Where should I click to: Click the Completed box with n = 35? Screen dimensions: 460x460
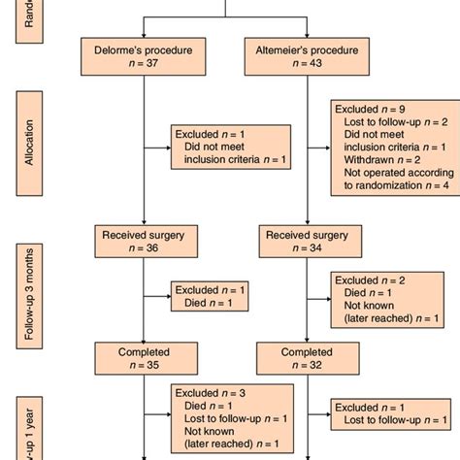pyautogui.click(x=143, y=359)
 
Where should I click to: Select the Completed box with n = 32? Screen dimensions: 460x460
pyautogui.click(x=308, y=359)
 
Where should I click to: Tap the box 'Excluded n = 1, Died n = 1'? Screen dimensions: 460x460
pyautogui.click(x=209, y=295)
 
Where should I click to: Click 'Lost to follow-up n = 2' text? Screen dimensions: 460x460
pyautogui.click(x=392, y=123)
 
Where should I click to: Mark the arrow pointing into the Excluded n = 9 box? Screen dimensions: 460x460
pyautogui.click(x=326, y=148)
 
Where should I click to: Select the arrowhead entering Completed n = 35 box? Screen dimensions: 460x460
pyautogui.click(x=143, y=340)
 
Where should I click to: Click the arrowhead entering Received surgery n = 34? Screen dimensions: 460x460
pyautogui.click(x=308, y=222)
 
